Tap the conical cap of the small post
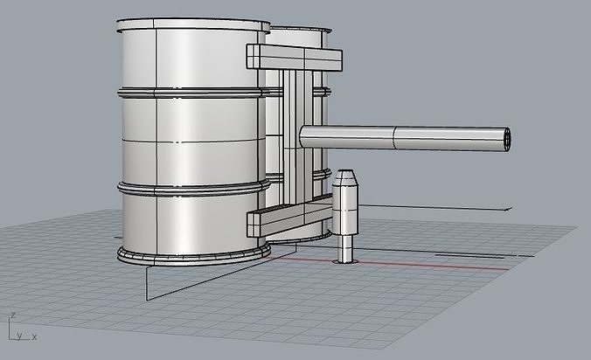[346, 180]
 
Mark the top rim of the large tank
[191, 22]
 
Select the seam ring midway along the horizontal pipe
[394, 138]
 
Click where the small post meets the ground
[346, 260]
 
